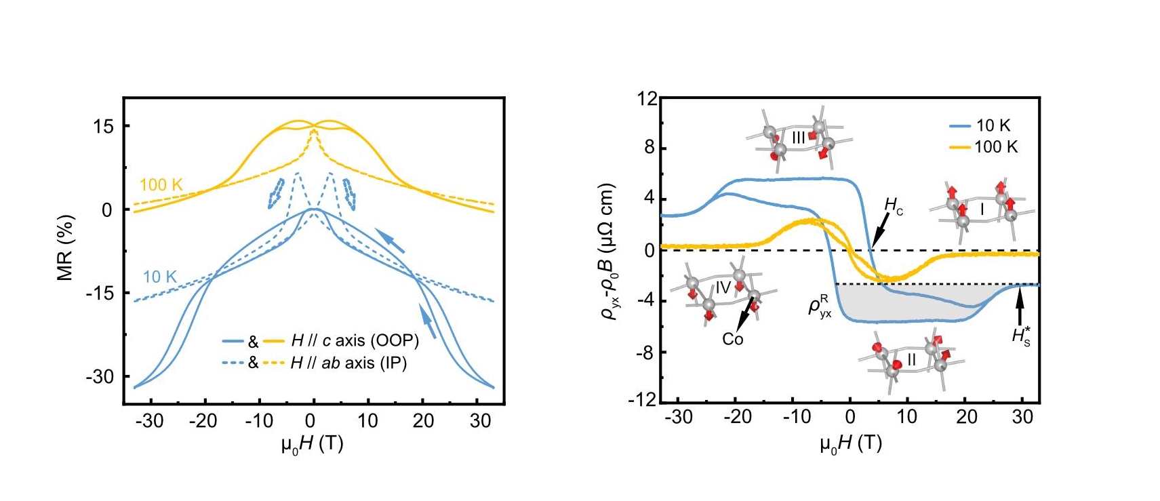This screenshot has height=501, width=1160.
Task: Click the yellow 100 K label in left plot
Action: pos(161,184)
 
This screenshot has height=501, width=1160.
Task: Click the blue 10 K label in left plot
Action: pos(159,277)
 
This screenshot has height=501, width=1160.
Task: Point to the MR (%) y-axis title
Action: pos(65,247)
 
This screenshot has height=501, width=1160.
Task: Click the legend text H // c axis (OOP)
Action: pos(355,340)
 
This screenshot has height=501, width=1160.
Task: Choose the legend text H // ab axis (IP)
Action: pos(348,363)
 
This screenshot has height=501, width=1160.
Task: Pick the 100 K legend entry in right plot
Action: pos(996,146)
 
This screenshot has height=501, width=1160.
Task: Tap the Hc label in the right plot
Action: pos(894,206)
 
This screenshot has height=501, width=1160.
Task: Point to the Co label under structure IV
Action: pos(732,339)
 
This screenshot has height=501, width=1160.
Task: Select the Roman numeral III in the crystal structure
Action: pos(798,138)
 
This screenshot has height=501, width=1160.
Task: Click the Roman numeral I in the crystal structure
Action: pos(981,209)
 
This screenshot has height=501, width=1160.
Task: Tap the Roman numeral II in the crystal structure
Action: pos(911,359)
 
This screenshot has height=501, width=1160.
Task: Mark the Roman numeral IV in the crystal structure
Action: pos(723,287)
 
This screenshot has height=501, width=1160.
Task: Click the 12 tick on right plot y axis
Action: pos(647,99)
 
